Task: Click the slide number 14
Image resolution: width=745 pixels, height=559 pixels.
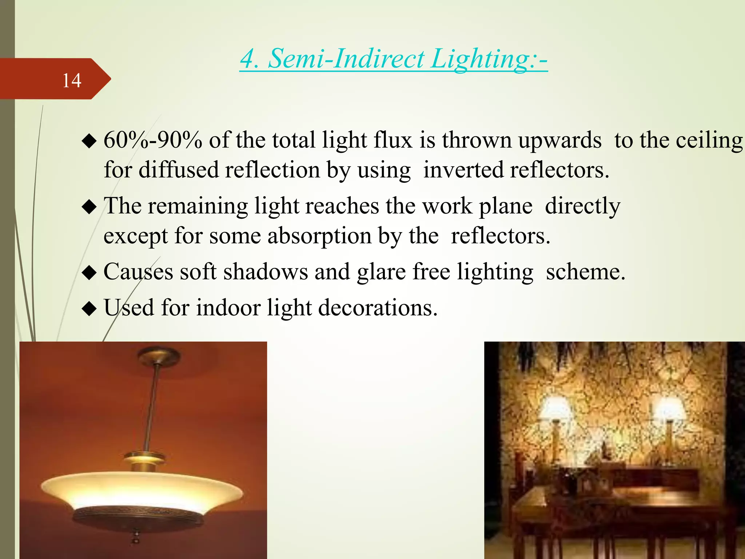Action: click(x=72, y=80)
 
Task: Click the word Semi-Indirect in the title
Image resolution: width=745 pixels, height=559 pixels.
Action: click(x=346, y=59)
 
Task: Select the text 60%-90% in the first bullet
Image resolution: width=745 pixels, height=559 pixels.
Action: click(x=153, y=140)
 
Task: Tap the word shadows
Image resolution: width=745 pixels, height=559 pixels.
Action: click(x=266, y=272)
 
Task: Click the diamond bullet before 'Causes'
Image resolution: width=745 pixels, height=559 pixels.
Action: click(x=89, y=273)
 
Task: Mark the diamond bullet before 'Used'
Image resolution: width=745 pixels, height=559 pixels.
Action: click(x=89, y=309)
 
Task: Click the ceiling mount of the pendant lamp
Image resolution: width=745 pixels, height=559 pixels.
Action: click(x=159, y=354)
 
